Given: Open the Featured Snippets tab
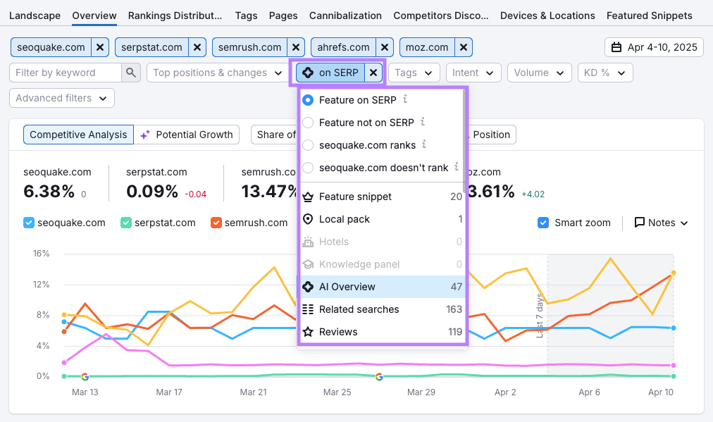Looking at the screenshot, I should pos(649,15).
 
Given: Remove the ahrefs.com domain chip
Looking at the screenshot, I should pos(385,47).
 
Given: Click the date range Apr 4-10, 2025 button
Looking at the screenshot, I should pos(654,47).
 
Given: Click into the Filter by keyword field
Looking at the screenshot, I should pos(66,73).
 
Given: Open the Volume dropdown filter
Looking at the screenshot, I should pos(539,73).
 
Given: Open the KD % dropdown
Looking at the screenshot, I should pos(604,73).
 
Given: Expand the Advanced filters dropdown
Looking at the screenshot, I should pos(61,98).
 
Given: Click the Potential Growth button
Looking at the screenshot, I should pos(187,135).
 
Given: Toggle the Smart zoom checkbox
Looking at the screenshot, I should pos(543,223).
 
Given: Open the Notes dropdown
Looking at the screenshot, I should pos(661,223).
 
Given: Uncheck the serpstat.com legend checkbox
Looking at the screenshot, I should pos(126,223).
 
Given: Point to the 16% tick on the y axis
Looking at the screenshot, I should pos(41,254).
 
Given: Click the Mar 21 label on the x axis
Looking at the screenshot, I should pos(254,392).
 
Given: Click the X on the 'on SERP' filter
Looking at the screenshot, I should pos(373,73).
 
